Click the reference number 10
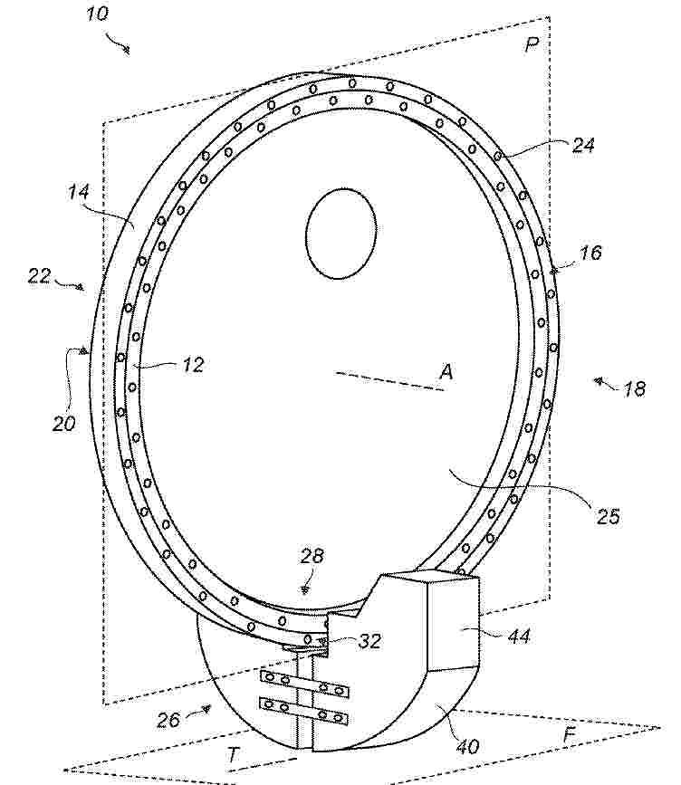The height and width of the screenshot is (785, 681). pyautogui.click(x=97, y=13)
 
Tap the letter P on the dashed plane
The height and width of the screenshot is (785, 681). pyautogui.click(x=532, y=45)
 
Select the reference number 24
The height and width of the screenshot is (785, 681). pyautogui.click(x=583, y=145)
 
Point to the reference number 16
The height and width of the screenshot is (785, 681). pyautogui.click(x=590, y=253)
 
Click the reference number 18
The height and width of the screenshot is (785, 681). pyautogui.click(x=634, y=389)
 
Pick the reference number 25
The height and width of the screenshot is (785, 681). pyautogui.click(x=608, y=516)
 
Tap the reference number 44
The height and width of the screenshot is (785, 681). pyautogui.click(x=519, y=636)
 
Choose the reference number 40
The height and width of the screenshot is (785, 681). pyautogui.click(x=467, y=746)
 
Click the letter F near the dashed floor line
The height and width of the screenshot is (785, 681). pyautogui.click(x=570, y=735)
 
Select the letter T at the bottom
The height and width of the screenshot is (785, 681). pyautogui.click(x=233, y=754)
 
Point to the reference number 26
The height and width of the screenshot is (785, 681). pyautogui.click(x=168, y=720)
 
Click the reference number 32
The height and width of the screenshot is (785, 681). pyautogui.click(x=369, y=641)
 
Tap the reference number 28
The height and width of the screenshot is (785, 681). pyautogui.click(x=312, y=556)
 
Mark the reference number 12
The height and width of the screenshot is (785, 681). pyautogui.click(x=193, y=365)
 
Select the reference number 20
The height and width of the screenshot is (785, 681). pyautogui.click(x=63, y=424)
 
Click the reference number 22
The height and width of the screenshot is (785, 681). pyautogui.click(x=39, y=276)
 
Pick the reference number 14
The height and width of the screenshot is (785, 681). pyautogui.click(x=79, y=191)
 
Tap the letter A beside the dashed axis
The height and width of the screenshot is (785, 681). pyautogui.click(x=446, y=372)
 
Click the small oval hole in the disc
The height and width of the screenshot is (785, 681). pyautogui.click(x=341, y=234)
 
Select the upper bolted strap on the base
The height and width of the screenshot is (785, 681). pyautogui.click(x=304, y=684)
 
